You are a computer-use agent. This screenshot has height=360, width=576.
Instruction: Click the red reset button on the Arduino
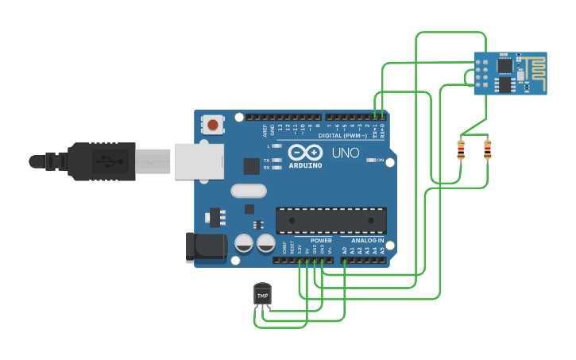tap(213, 124)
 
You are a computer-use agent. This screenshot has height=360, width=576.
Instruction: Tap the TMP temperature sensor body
tap(262, 295)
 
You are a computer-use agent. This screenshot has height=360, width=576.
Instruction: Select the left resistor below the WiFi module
tap(461, 149)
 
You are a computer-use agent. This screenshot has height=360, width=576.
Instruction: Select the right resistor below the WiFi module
tap(487, 149)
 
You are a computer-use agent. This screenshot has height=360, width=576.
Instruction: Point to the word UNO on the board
tap(345, 153)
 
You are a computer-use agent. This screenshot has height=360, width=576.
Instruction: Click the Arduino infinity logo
tap(305, 153)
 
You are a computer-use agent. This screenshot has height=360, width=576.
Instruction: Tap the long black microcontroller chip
tap(331, 220)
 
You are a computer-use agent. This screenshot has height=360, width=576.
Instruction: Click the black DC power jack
tap(205, 247)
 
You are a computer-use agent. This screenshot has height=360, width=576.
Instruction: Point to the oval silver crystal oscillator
tap(249, 191)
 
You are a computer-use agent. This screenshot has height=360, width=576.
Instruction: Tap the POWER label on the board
tap(321, 240)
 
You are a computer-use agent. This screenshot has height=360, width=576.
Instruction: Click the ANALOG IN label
tap(368, 240)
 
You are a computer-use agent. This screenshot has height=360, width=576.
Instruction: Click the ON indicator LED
tap(371, 161)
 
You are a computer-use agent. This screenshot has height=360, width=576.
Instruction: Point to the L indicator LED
tap(277, 146)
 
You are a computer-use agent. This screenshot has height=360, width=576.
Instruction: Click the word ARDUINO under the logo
tap(306, 165)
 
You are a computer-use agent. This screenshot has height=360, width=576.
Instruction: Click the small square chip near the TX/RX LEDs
tap(252, 165)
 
